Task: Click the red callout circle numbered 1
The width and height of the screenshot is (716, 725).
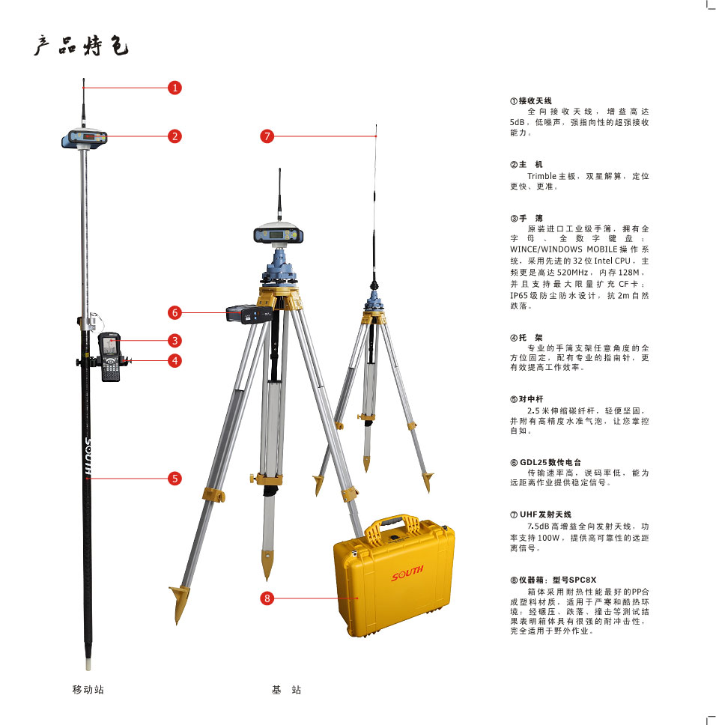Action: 175,88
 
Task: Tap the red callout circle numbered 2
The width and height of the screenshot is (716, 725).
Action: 175,136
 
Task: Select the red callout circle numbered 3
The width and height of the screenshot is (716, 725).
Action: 175,340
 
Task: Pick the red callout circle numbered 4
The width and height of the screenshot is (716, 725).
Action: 175,360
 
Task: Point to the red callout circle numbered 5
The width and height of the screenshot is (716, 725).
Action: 175,478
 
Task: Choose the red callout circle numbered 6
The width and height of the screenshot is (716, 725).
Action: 175,312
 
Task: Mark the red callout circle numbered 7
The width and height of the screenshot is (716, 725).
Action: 267,136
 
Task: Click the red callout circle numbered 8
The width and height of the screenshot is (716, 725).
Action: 267,598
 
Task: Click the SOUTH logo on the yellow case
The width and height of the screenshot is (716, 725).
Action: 407,574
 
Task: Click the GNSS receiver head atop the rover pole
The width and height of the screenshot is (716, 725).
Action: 85,138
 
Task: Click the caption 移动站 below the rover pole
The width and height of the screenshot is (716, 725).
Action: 88,689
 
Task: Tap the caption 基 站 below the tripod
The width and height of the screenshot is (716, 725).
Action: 286,689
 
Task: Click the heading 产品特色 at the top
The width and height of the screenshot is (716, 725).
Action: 81,46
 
